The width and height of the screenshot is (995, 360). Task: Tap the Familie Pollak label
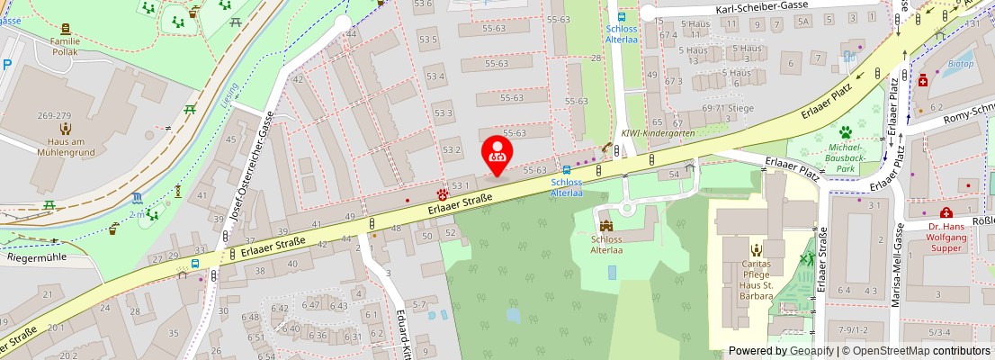coord(65,47)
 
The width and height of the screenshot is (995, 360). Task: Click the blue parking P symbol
coord(7,64)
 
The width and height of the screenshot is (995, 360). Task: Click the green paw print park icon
coord(846,132)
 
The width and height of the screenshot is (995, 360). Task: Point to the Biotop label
coord(961,65)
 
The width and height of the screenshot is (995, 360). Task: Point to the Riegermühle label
coord(37,256)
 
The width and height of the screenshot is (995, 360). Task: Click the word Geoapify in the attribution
coord(811,351)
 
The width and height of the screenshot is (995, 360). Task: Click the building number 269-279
coord(54,116)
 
